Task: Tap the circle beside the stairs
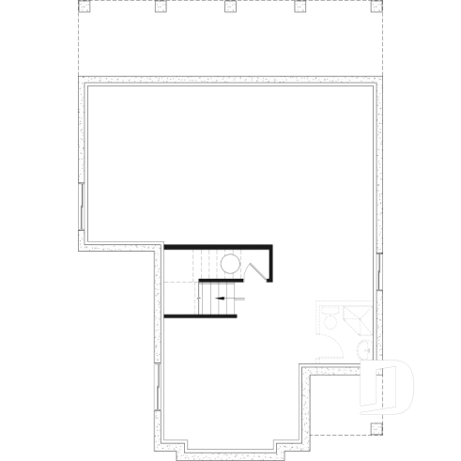[x=231, y=264]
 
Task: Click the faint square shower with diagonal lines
[x=358, y=317]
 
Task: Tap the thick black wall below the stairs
[x=200, y=315]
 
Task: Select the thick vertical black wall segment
[x=271, y=264]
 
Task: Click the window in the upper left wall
[x=83, y=207]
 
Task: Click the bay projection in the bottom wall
[x=230, y=449]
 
